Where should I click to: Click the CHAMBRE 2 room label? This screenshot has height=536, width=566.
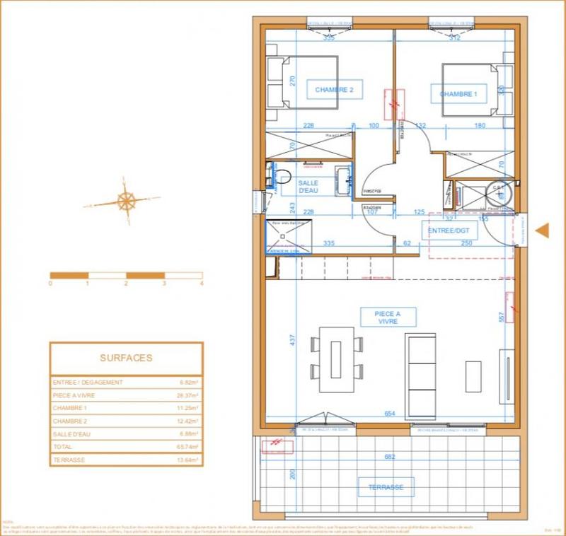pyautogui.click(x=329, y=90)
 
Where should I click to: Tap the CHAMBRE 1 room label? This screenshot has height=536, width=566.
pyautogui.click(x=458, y=94)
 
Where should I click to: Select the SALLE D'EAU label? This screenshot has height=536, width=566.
pyautogui.click(x=308, y=187)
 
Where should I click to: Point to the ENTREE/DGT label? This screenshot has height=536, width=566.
pyautogui.click(x=449, y=231)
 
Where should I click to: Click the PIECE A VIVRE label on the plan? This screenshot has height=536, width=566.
pyautogui.click(x=387, y=317)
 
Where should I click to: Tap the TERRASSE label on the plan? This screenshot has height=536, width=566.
pyautogui.click(x=386, y=487)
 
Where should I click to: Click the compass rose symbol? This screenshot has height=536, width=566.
pyautogui.click(x=127, y=201)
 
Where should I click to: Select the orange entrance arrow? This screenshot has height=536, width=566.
pyautogui.click(x=543, y=231)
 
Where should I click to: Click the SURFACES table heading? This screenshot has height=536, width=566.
pyautogui.click(x=126, y=358)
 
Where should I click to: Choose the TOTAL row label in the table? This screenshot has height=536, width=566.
pyautogui.click(x=62, y=447)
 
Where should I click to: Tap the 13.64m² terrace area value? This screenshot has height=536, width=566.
pyautogui.click(x=189, y=460)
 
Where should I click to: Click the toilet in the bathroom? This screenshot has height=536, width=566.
pyautogui.click(x=282, y=176)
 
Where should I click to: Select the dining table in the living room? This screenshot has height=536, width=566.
pyautogui.click(x=337, y=359)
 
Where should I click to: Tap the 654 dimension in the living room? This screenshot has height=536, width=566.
pyautogui.click(x=388, y=414)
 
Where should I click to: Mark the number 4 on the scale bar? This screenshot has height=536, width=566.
pyautogui.click(x=202, y=283)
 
